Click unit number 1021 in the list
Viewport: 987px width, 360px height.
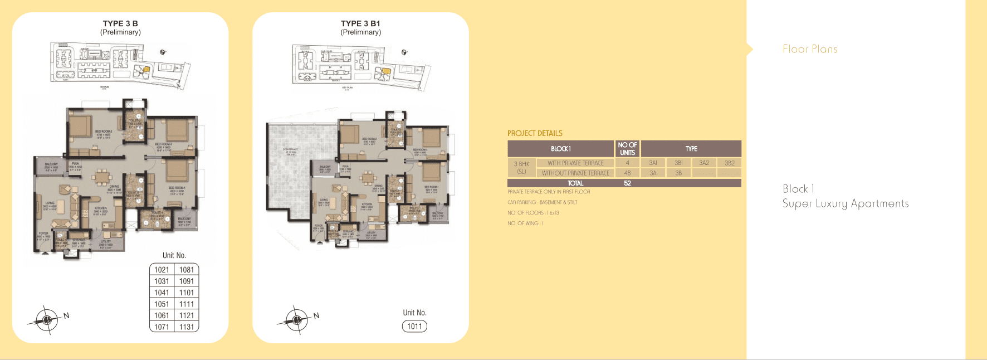click(x=162, y=270)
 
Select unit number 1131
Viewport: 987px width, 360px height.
click(x=187, y=327)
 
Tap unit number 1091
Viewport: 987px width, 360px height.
click(x=187, y=281)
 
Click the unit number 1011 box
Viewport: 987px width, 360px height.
click(x=414, y=327)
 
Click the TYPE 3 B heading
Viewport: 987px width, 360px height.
click(x=120, y=23)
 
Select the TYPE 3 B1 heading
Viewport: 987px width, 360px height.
click(x=360, y=23)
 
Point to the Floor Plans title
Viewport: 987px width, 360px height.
click(x=810, y=49)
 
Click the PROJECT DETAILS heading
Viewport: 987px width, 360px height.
click(x=535, y=133)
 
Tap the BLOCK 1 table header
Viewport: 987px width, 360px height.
click(x=560, y=149)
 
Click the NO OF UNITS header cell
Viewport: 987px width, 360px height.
click(x=627, y=149)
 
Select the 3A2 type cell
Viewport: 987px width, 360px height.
click(x=704, y=163)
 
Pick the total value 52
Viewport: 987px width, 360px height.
click(x=627, y=183)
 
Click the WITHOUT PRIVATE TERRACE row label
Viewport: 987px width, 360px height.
click(x=575, y=173)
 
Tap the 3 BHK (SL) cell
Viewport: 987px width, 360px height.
click(x=521, y=168)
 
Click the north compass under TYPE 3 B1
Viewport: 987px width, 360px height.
click(x=297, y=320)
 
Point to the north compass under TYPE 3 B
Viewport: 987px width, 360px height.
click(x=47, y=320)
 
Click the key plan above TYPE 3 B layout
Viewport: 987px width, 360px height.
click(x=120, y=65)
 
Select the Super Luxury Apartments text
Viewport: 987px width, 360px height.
click(x=846, y=204)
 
